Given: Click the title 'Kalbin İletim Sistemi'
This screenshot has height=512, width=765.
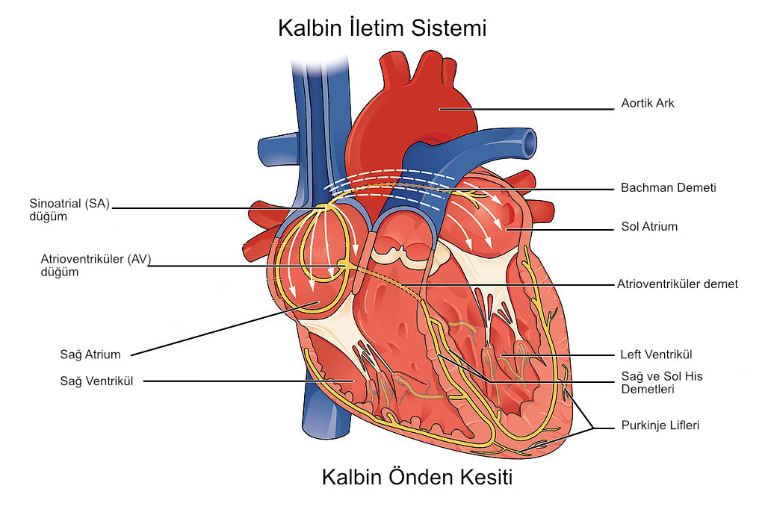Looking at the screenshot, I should [x=382, y=28].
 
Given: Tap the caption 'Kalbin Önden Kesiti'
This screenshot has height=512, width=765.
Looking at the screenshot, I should [x=417, y=478].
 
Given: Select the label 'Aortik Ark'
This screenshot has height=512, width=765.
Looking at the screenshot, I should [x=647, y=104].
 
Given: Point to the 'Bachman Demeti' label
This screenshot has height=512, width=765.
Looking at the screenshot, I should [x=668, y=187].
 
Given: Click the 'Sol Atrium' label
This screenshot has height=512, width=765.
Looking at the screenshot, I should [x=649, y=226].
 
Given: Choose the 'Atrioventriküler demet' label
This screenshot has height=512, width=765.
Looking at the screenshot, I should [x=677, y=284].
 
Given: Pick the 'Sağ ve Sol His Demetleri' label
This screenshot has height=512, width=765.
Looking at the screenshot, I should [x=662, y=383].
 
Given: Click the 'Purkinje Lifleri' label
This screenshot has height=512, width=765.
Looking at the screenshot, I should [x=660, y=425].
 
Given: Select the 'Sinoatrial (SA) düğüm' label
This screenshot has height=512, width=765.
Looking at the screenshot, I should [x=69, y=210].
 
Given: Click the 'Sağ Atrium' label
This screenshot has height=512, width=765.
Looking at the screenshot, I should [x=90, y=355].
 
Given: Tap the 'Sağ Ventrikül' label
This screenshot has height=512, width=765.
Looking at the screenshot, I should [x=96, y=381].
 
